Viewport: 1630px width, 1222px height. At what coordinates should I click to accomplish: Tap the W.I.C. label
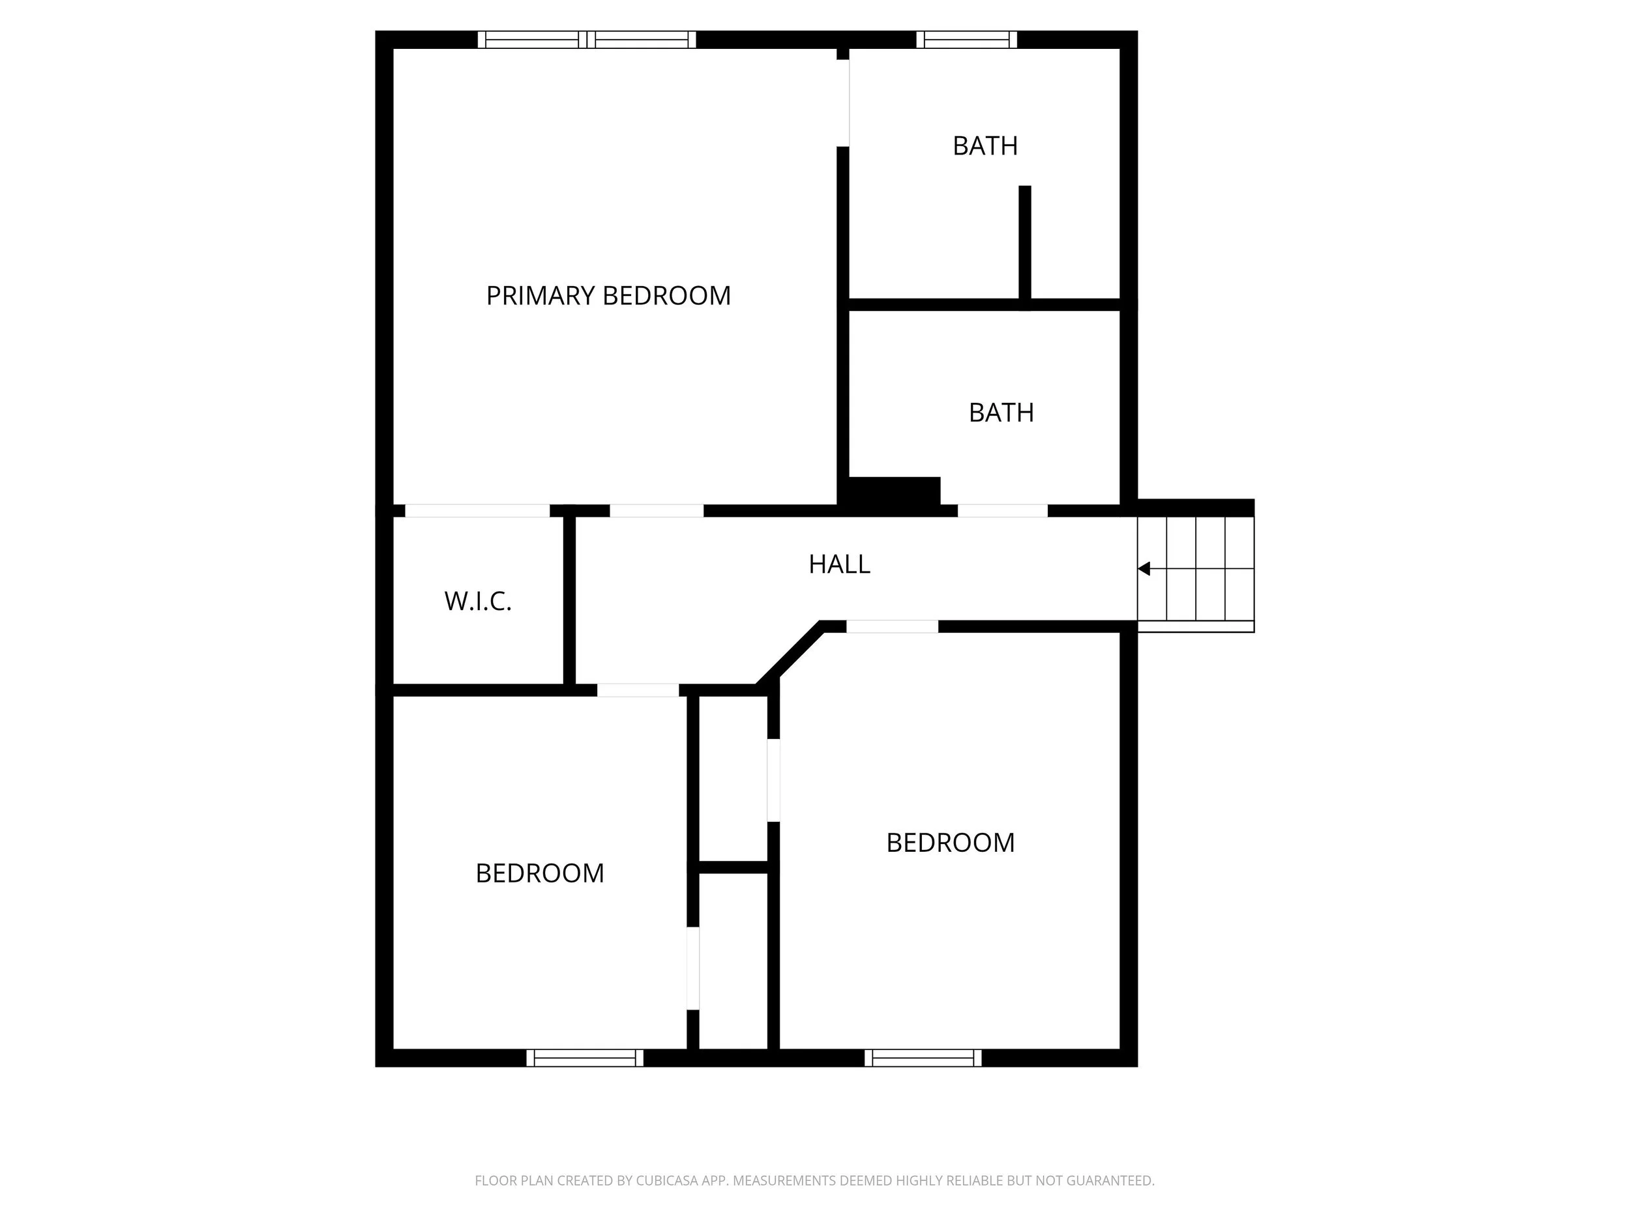477,601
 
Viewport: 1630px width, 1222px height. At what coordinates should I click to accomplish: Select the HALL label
839,564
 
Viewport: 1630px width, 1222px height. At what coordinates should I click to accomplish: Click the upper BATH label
985,146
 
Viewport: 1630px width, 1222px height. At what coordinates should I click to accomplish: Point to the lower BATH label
1001,413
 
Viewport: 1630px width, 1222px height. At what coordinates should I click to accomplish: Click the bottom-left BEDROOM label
539,873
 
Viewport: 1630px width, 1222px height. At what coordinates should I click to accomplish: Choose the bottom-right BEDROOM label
951,843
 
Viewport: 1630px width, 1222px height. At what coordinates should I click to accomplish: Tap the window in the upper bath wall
967,40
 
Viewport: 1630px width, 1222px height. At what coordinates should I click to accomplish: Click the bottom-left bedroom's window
585,1058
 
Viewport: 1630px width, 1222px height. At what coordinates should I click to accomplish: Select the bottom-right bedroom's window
923,1058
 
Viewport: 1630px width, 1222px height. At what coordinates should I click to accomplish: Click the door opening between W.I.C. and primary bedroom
477,510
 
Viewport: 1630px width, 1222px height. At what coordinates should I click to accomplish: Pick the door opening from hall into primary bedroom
657,510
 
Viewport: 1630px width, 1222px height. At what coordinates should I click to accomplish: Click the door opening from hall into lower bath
1002,510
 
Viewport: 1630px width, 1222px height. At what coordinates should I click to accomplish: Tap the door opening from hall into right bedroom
892,627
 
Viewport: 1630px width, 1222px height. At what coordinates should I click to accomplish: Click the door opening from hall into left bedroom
638,690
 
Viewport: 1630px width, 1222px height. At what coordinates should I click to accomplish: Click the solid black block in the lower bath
894,491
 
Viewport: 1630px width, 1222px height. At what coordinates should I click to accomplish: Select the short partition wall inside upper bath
1024,243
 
